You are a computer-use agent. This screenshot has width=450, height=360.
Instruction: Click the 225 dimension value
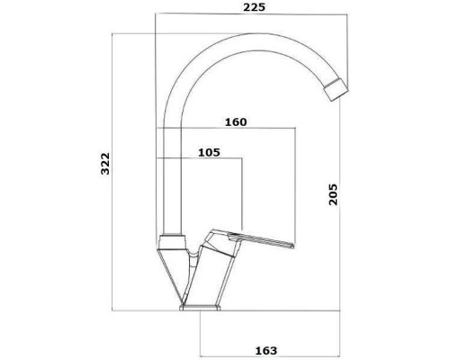[254, 7]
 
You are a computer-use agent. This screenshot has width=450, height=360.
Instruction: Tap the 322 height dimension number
[105, 164]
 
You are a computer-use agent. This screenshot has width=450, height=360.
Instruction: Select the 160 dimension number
[236, 122]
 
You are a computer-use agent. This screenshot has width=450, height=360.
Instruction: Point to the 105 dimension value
[209, 152]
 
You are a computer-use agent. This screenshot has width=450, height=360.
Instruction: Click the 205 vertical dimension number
[333, 194]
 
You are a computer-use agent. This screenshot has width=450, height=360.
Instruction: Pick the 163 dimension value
[266, 350]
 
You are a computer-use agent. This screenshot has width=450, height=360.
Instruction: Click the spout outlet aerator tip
[336, 90]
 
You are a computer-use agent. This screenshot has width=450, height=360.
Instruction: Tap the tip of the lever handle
[292, 246]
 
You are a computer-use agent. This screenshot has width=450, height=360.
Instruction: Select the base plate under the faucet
[200, 308]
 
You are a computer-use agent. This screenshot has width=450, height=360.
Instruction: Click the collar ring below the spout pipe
[170, 242]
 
